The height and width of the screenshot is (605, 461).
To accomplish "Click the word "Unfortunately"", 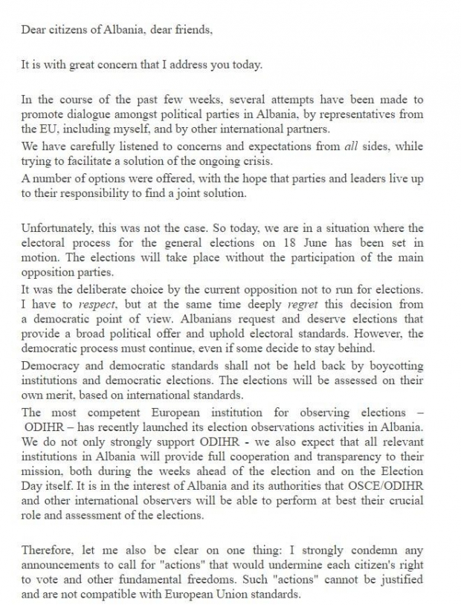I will pos(55,228).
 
